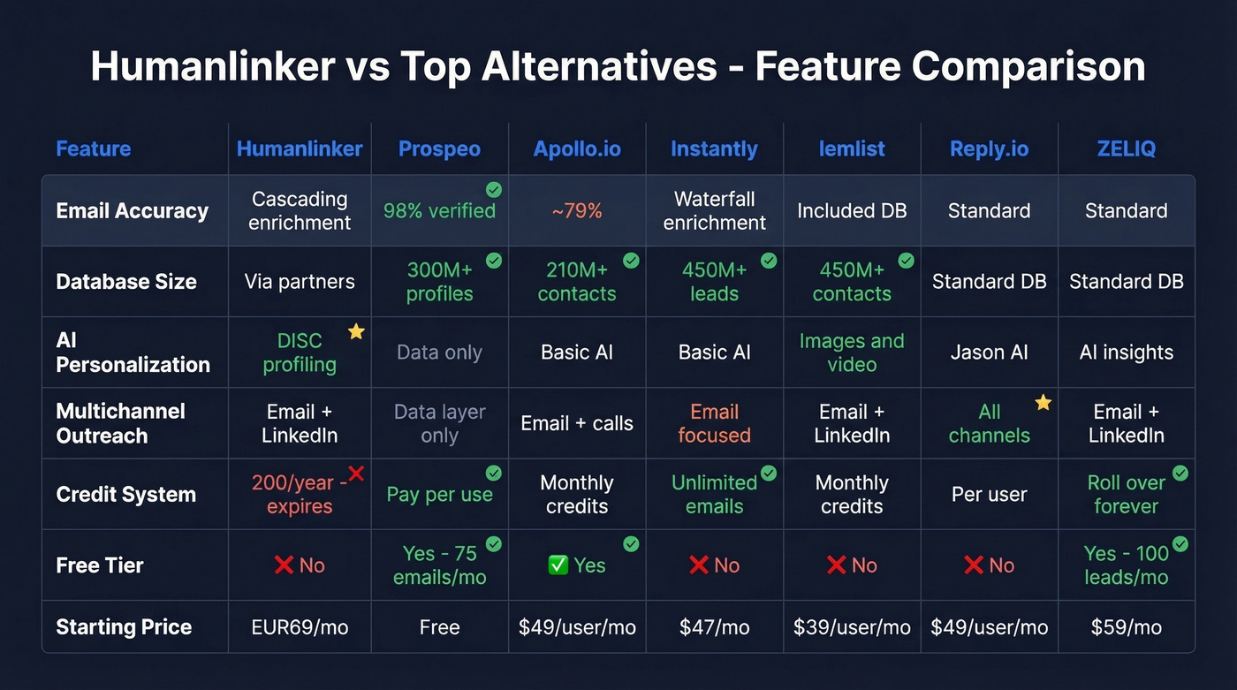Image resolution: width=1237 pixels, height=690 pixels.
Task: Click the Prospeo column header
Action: [439, 148]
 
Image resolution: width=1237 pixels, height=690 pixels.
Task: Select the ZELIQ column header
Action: [1126, 148]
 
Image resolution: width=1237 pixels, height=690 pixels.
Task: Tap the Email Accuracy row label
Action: [132, 210]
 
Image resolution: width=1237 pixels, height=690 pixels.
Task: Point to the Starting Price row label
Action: [124, 627]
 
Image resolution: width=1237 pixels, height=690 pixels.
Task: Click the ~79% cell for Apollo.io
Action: [577, 210]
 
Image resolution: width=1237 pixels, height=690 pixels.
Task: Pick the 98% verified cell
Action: [439, 210]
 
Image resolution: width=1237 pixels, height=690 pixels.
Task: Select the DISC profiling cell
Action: [300, 353]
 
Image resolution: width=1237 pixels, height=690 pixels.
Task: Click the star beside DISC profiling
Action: [356, 332]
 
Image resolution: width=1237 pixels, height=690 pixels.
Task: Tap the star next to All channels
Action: [1043, 403]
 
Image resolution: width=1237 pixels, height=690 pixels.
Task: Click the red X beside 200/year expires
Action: [356, 474]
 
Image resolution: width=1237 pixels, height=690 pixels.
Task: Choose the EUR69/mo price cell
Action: [300, 627]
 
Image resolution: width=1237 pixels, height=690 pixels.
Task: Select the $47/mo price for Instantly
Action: [714, 627]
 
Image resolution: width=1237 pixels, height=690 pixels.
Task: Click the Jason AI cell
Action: [989, 353]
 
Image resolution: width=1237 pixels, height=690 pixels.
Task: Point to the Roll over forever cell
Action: [1126, 495]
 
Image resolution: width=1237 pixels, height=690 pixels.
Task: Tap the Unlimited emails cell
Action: [714, 495]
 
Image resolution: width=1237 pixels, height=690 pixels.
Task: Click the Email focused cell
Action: [714, 423]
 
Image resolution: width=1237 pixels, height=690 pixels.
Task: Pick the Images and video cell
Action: [852, 353]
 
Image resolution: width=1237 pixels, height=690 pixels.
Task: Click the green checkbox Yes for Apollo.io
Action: [558, 565]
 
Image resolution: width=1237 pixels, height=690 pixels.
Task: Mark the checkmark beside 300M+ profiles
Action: [494, 261]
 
